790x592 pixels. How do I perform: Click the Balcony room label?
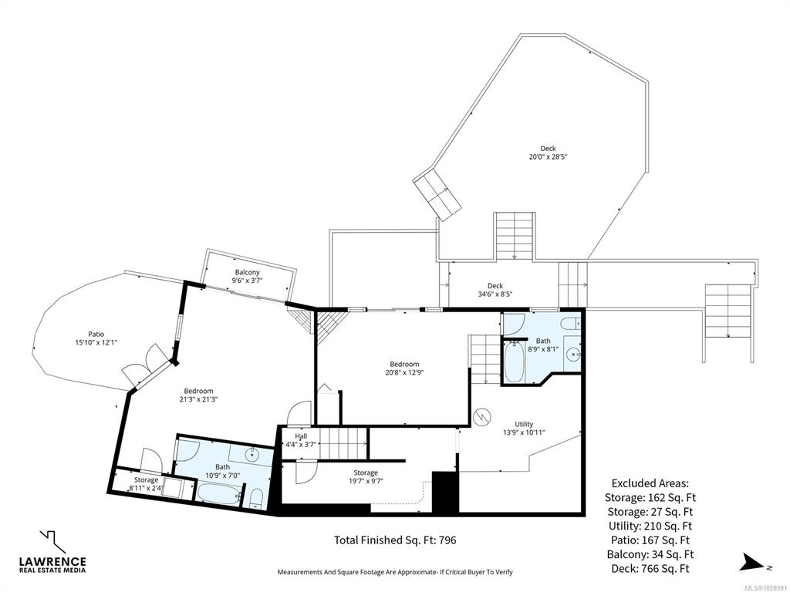248,272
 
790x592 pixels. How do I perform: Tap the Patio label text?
96,335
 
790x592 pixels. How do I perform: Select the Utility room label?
524,424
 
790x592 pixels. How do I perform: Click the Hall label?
301,436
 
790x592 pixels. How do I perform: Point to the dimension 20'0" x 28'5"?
549,156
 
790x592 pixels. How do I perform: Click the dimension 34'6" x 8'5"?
495,294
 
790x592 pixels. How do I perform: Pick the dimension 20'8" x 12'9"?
404,372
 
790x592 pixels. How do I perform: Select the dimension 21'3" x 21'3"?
198,399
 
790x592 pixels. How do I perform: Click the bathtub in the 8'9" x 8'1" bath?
514,361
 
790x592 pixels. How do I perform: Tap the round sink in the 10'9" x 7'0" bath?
252,455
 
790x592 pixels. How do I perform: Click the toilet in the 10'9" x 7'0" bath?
256,498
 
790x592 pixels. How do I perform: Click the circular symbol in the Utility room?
481,417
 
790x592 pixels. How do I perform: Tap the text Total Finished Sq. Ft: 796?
395,540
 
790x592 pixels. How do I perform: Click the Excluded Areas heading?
650,483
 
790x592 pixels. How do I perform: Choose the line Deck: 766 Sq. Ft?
650,569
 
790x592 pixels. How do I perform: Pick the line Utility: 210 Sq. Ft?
650,526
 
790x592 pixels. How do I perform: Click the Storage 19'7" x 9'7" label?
365,476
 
